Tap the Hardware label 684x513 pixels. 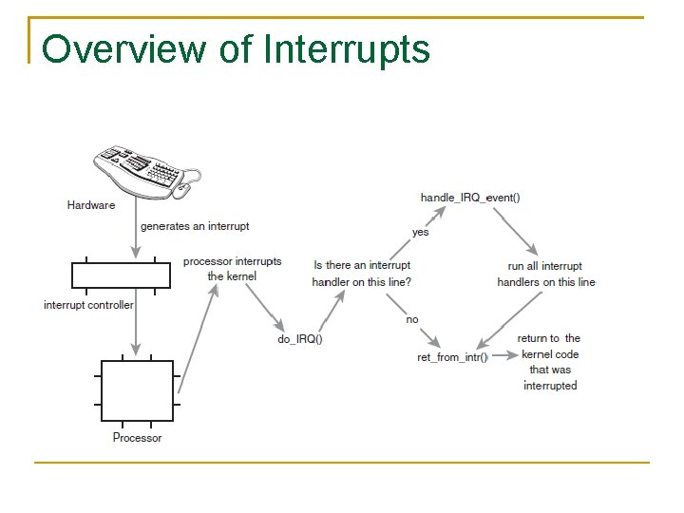click(x=91, y=204)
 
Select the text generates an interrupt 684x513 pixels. click(x=195, y=226)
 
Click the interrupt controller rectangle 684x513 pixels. click(x=121, y=275)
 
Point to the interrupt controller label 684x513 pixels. click(x=88, y=305)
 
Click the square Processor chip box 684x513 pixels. click(x=138, y=390)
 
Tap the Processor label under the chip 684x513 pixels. click(x=137, y=438)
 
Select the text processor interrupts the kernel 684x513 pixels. click(x=232, y=269)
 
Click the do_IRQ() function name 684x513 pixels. click(x=299, y=339)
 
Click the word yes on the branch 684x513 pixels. click(x=420, y=232)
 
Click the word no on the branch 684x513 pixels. click(x=411, y=319)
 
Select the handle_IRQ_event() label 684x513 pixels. click(x=470, y=198)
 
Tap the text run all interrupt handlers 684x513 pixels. click(x=546, y=274)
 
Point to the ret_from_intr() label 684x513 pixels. click(x=452, y=357)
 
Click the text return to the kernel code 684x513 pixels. click(x=549, y=362)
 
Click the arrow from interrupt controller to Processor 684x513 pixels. click(x=136, y=323)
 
